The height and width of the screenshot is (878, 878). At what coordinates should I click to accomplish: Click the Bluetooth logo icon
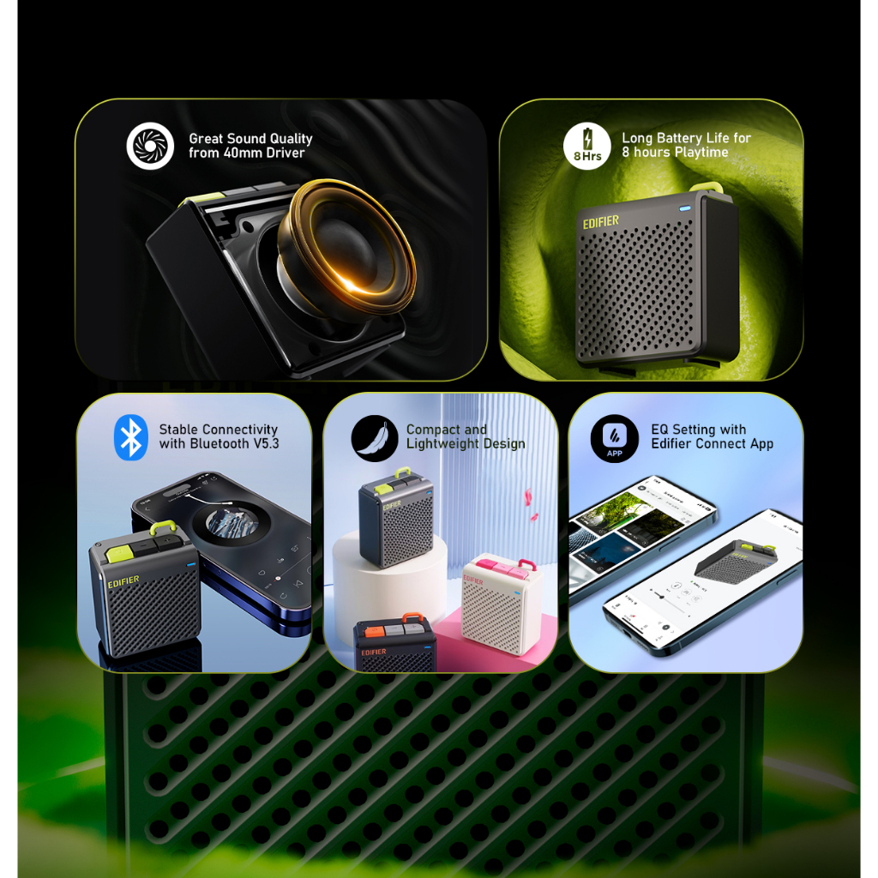click(x=131, y=437)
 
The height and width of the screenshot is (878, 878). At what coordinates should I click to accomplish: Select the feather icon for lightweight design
click(x=374, y=438)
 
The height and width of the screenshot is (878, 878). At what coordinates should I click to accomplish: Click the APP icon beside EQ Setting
click(x=614, y=438)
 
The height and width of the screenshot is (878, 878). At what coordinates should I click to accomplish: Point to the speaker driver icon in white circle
click(x=150, y=146)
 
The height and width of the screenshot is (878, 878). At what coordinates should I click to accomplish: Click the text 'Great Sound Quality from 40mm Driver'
click(x=250, y=146)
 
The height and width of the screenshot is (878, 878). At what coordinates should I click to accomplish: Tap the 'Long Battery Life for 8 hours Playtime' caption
click(x=686, y=145)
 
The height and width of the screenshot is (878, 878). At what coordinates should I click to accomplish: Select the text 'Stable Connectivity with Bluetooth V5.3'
click(x=219, y=436)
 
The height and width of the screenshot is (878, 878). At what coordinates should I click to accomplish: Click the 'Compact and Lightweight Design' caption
click(x=466, y=436)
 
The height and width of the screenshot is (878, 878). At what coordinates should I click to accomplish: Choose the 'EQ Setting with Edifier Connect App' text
click(x=712, y=436)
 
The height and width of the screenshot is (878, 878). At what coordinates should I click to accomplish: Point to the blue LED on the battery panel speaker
click(x=686, y=207)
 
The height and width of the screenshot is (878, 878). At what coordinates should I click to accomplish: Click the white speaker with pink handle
click(x=502, y=605)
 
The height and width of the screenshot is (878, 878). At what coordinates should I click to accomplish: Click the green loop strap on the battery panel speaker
click(x=714, y=189)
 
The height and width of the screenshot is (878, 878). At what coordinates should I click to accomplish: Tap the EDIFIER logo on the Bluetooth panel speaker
click(x=123, y=580)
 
